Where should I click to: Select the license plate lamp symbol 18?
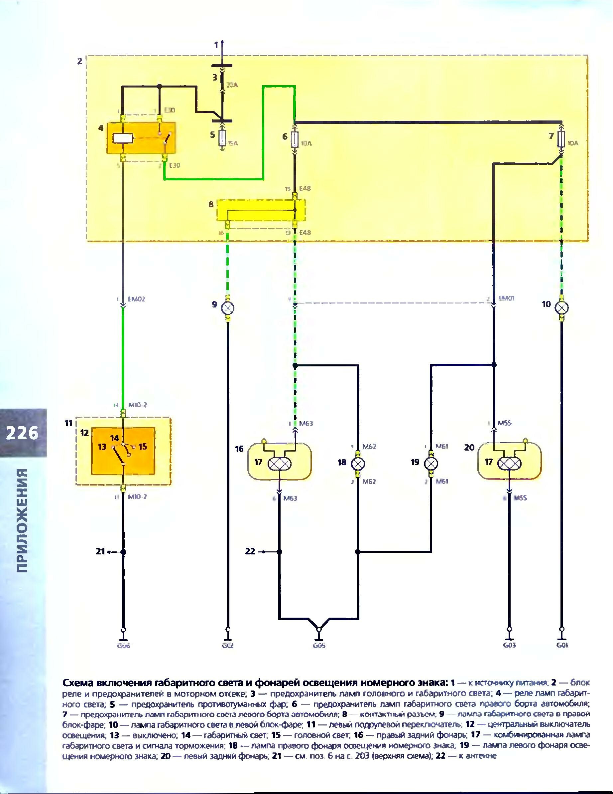pos(358,463)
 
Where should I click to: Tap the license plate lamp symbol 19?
pos(431,463)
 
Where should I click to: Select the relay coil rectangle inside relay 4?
pos(123,138)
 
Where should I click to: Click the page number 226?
pos(22,433)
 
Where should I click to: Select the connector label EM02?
pos(136,299)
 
